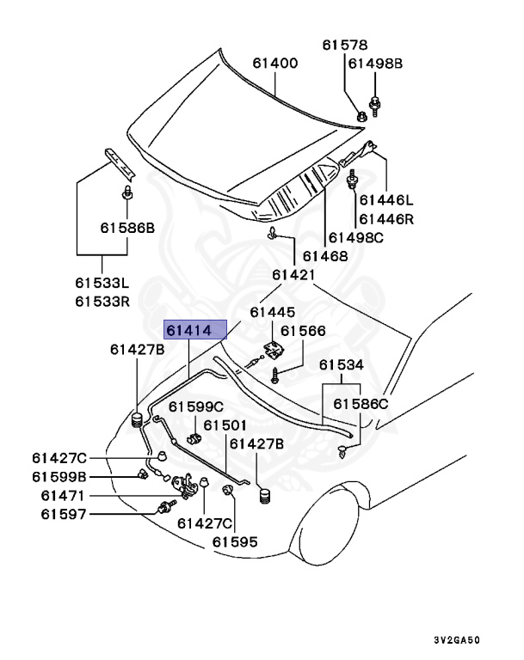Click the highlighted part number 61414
coord(188,329)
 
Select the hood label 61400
coord(274,63)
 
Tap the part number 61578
coord(345,45)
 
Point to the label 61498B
coord(375,63)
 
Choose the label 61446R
coord(386,219)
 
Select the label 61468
coord(324,256)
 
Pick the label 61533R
coord(102,301)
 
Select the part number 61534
coord(342,365)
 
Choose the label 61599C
coord(195,406)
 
